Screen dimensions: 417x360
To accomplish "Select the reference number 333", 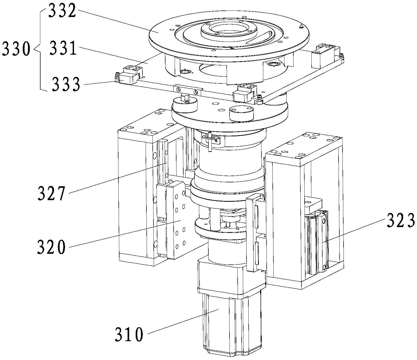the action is pyautogui.click(x=66, y=84).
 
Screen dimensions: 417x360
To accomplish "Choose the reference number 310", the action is pyautogui.click(x=129, y=334).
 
